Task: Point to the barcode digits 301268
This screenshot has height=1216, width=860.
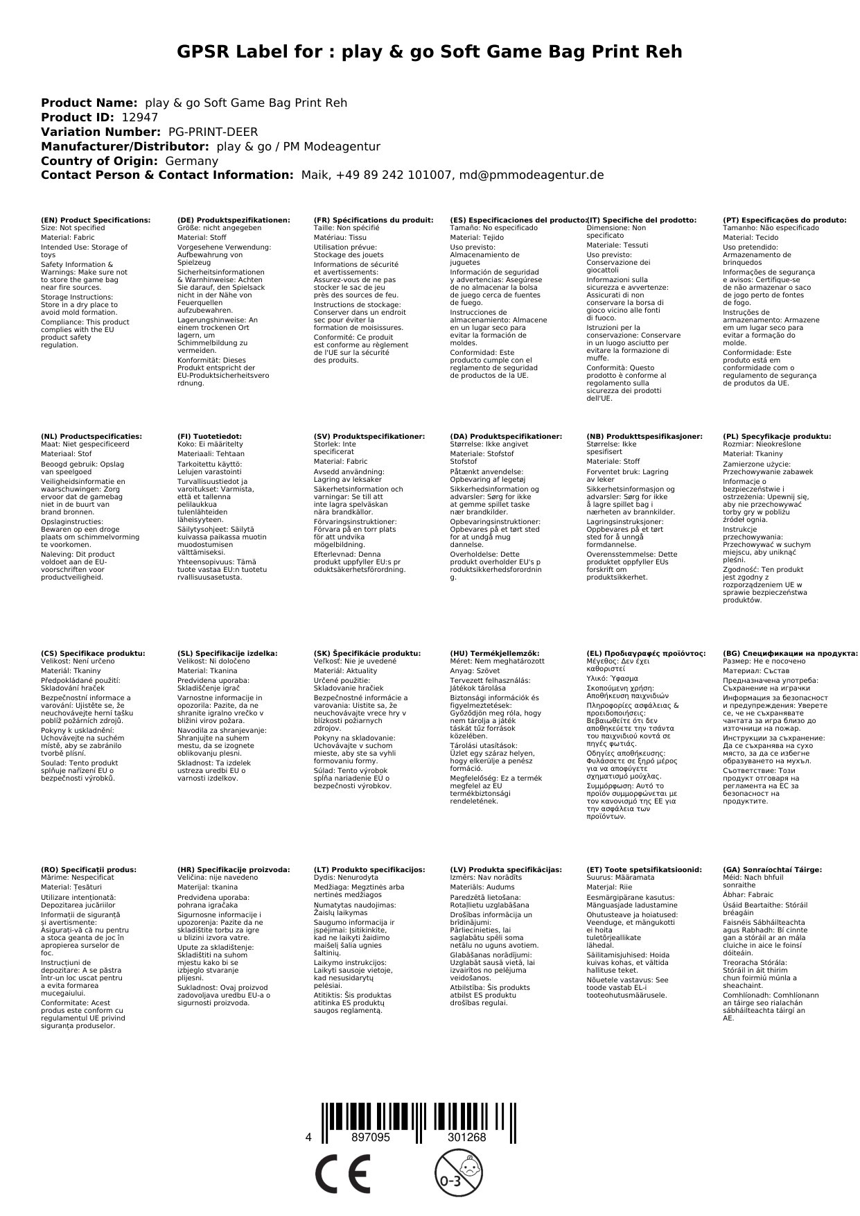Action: point(466,1138)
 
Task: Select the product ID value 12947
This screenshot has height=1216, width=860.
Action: point(139,117)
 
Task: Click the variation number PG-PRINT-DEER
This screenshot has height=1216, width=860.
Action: point(213,132)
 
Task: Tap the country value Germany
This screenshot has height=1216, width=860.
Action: point(192,161)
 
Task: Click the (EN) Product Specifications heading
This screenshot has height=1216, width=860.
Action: point(96,220)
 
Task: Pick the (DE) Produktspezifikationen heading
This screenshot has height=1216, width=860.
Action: point(234,220)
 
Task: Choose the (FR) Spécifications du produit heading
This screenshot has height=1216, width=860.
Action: point(374,220)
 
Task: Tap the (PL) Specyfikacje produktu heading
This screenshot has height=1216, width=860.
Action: point(777,437)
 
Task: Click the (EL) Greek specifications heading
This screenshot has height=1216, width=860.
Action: point(646,653)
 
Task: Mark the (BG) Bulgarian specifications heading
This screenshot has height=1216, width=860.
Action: point(790,653)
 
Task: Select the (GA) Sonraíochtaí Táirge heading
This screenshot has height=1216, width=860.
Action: point(772,869)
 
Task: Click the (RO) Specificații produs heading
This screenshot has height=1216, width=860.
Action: point(89,869)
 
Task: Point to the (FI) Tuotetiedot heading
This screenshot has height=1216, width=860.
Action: point(209,437)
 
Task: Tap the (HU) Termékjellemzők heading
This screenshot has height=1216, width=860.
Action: point(495,653)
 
